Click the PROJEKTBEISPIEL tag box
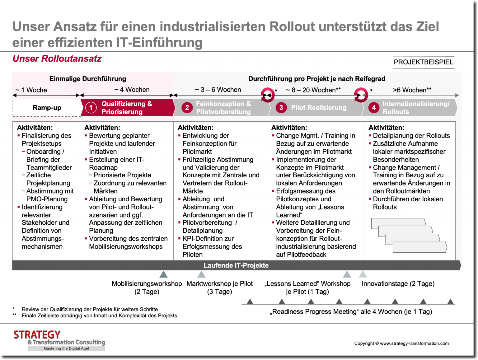[x=423, y=62]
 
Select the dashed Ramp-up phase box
[x=47, y=108]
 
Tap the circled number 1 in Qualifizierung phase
[x=91, y=108]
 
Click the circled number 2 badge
[x=187, y=108]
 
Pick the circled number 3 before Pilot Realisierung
[x=281, y=108]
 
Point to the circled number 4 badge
[x=373, y=108]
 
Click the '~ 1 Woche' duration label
[x=31, y=90]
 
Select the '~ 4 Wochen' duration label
[x=132, y=90]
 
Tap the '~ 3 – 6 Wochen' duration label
[x=218, y=90]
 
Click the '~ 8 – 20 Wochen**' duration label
[x=313, y=90]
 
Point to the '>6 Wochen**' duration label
[x=412, y=90]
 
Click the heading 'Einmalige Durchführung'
[x=88, y=79]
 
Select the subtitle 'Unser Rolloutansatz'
[x=57, y=58]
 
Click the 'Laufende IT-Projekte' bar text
[x=236, y=265]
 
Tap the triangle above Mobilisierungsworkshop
[x=163, y=274]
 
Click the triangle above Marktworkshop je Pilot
[x=201, y=274]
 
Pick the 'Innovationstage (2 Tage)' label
[x=398, y=283]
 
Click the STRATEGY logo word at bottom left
[x=37, y=335]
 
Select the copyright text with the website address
[x=401, y=343]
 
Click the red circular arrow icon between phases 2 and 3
[x=267, y=95]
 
